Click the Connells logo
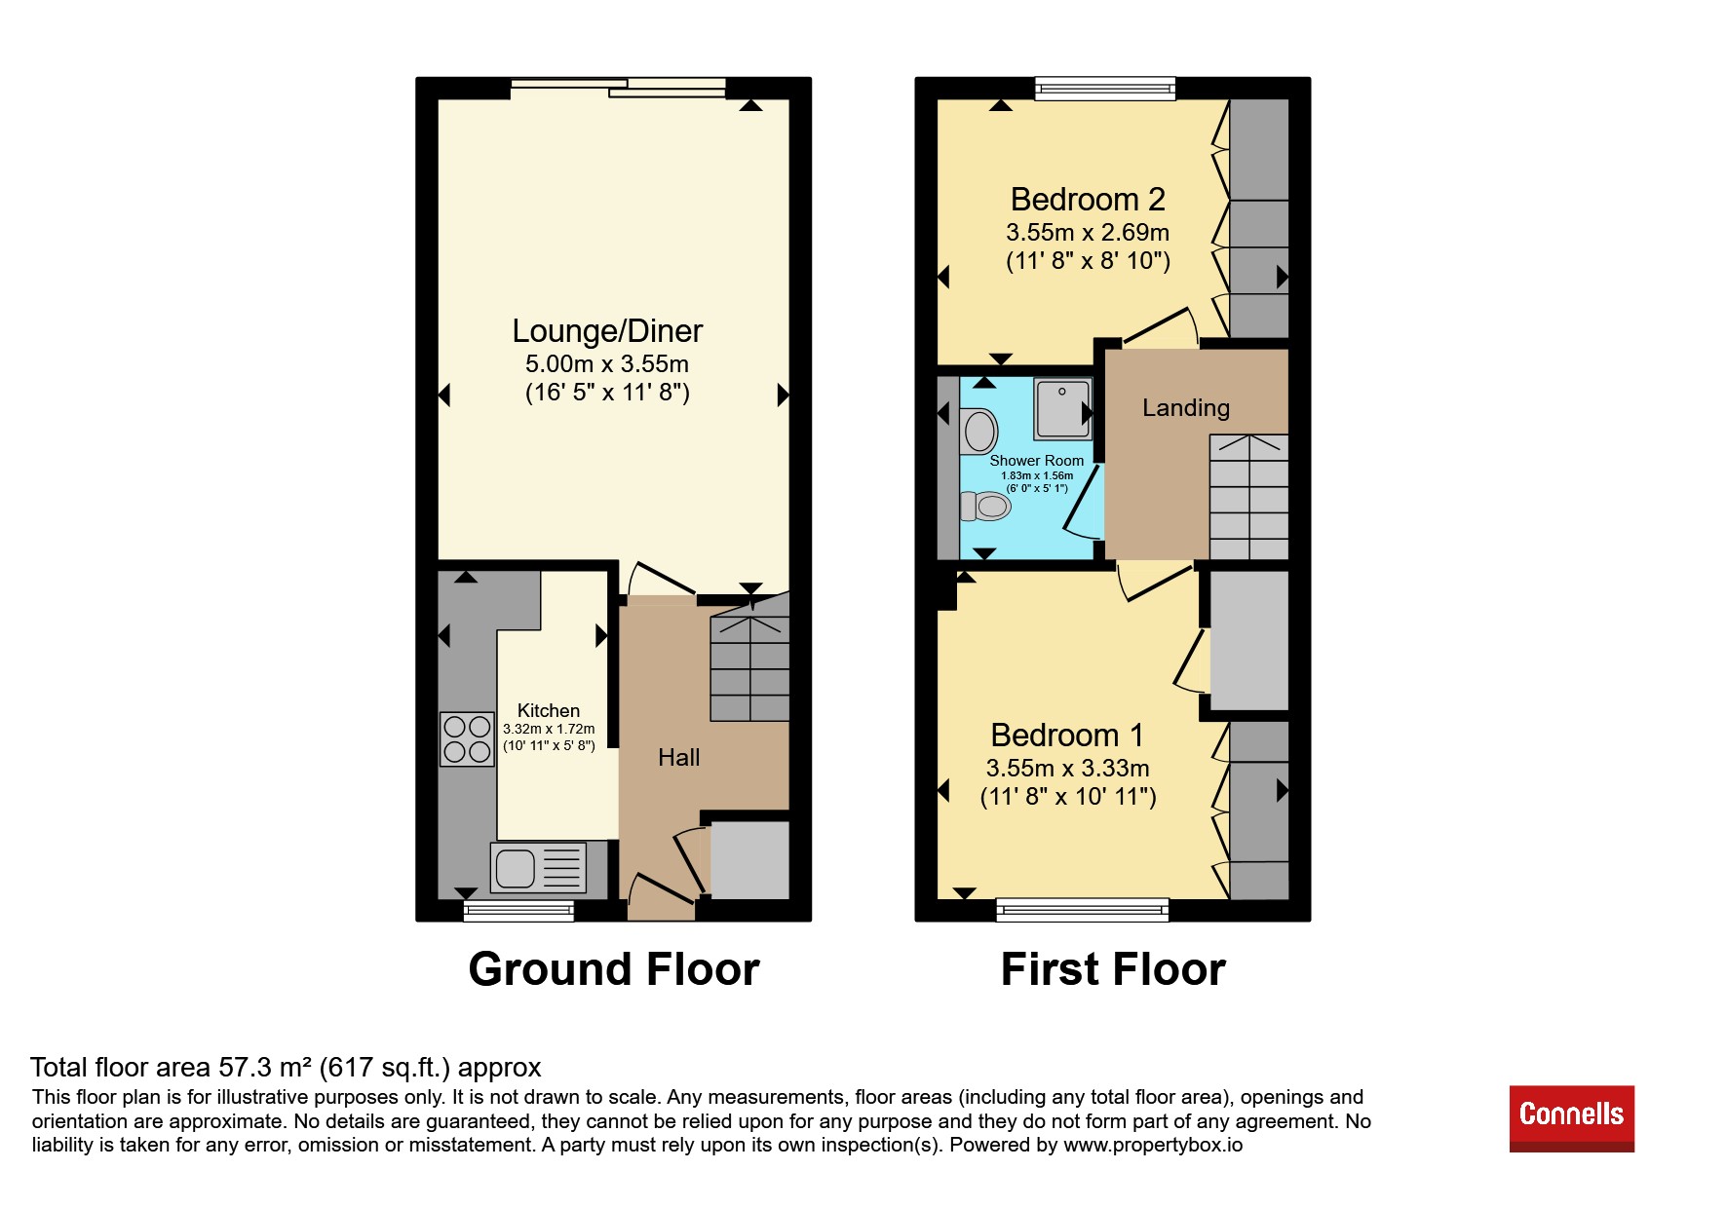(1571, 1117)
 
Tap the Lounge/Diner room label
(607, 331)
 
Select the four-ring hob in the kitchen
(467, 738)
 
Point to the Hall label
(679, 757)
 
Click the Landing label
(1186, 408)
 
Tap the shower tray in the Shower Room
(1062, 409)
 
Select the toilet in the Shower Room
(985, 506)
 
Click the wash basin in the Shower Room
(979, 431)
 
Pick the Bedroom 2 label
(1088, 200)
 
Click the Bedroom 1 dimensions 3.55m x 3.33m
(1068, 768)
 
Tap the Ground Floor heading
(614, 969)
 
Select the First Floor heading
(1113, 969)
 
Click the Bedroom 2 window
(1105, 89)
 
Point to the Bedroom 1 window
(1083, 910)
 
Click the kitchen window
(518, 910)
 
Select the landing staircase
(1248, 497)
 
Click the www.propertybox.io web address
(1153, 1145)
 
